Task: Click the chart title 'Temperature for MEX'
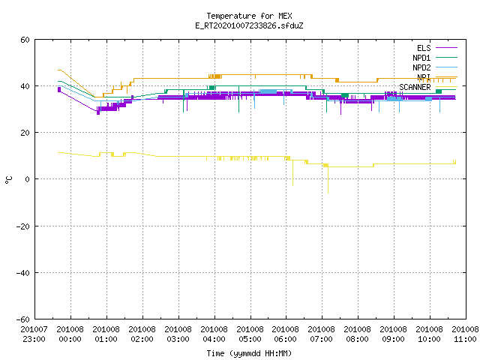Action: point(249,16)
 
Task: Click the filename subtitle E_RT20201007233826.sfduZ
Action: point(249,25)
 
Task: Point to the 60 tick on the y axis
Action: point(25,40)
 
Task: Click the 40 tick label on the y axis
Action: point(25,86)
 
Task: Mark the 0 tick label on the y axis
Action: point(27,179)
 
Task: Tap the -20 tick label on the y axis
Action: point(23,226)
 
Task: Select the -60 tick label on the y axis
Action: point(23,319)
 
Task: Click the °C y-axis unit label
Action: point(8,180)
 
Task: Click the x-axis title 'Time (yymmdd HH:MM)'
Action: point(249,353)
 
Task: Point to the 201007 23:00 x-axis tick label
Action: point(34,334)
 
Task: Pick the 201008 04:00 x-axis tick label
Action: point(214,334)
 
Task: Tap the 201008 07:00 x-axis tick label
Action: point(322,334)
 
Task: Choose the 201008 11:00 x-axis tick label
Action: point(465,334)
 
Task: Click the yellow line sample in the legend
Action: point(446,87)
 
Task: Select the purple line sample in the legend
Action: point(446,48)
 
